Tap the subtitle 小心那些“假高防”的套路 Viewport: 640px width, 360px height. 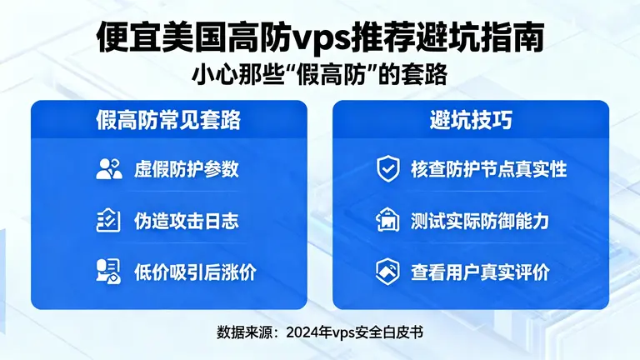click(x=320, y=74)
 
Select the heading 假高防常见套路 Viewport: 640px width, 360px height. click(x=169, y=120)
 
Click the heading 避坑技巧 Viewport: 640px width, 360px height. click(x=471, y=120)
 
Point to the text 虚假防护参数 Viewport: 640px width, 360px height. click(x=187, y=169)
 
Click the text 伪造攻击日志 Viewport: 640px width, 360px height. click(x=187, y=221)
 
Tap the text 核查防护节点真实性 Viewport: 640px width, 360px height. click(x=488, y=169)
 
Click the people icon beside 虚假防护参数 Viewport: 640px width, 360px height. click(x=108, y=169)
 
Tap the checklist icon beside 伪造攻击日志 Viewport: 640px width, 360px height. click(x=108, y=221)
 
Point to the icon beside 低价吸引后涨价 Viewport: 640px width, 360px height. click(x=108, y=271)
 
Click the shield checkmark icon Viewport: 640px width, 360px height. click(x=387, y=169)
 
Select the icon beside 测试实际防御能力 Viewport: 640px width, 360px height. click(x=387, y=221)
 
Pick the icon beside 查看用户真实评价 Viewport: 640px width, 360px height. click(x=387, y=271)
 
